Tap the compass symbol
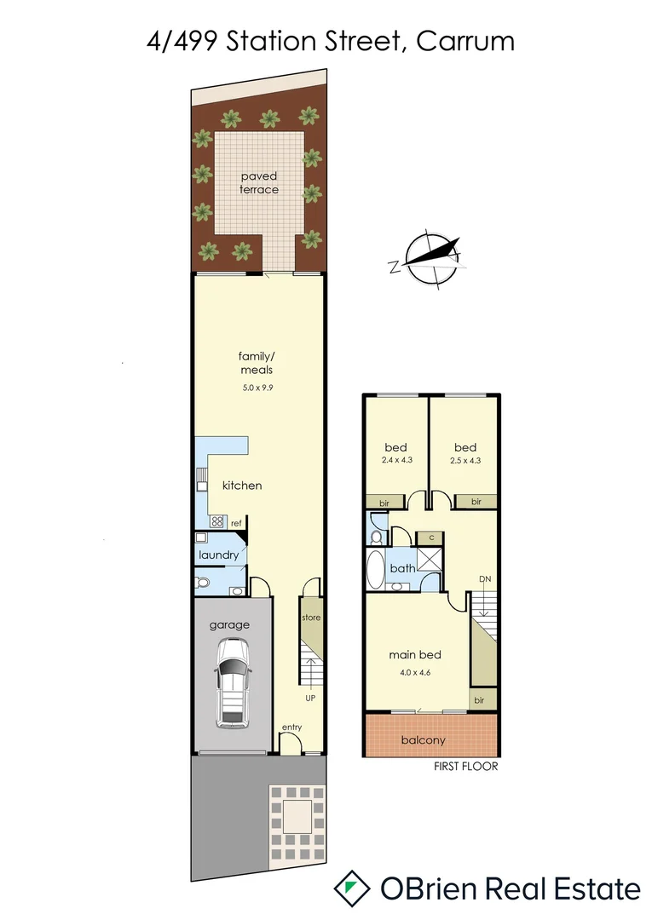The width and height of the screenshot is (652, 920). coord(433,259)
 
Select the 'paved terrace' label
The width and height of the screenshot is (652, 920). coord(258,182)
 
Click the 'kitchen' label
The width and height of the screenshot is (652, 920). coord(242,486)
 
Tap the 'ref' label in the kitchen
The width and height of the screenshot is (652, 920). coord(236,524)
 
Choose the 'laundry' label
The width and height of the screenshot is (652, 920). coord(218,555)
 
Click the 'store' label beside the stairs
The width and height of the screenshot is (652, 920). coord(311,618)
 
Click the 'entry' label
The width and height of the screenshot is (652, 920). coord(292,727)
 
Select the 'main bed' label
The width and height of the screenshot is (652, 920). coord(415,655)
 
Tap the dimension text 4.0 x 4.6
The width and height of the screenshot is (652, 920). coord(415,672)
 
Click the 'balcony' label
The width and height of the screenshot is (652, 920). coord(423,740)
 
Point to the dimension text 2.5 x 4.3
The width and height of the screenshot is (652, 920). coord(465,461)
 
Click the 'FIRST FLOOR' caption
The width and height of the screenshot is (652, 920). coord(464,767)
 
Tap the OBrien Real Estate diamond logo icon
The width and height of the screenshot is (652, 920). coord(350,888)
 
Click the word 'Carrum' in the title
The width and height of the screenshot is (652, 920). coord(465,40)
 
